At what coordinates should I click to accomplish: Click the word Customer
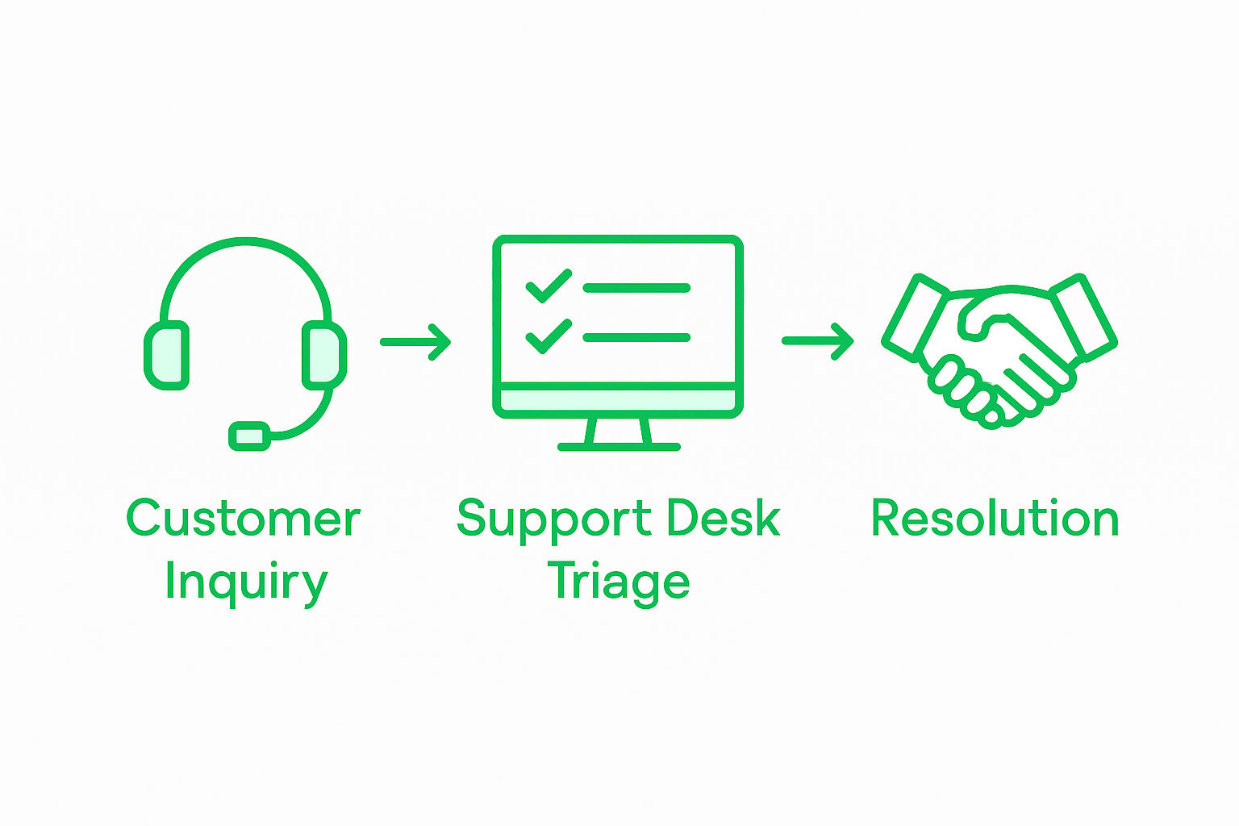[x=243, y=518]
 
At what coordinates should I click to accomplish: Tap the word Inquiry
[x=246, y=581]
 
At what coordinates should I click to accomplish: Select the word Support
[x=553, y=518]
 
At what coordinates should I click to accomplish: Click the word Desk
[x=724, y=518]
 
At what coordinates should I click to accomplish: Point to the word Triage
[x=618, y=581]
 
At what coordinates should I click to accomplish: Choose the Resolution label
[x=995, y=518]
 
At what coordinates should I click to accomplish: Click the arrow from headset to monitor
[x=415, y=342]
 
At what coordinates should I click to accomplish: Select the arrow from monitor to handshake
[x=817, y=341]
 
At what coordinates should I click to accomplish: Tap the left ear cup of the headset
[x=167, y=355]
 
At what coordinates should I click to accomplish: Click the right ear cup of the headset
[x=324, y=355]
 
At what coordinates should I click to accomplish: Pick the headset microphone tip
[x=249, y=436]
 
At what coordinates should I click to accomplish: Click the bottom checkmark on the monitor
[x=548, y=336]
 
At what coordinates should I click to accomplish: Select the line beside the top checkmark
[x=636, y=288]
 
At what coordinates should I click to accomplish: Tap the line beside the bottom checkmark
[x=636, y=338]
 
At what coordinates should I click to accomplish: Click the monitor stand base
[x=619, y=446]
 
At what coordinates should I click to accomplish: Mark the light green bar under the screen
[x=618, y=400]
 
